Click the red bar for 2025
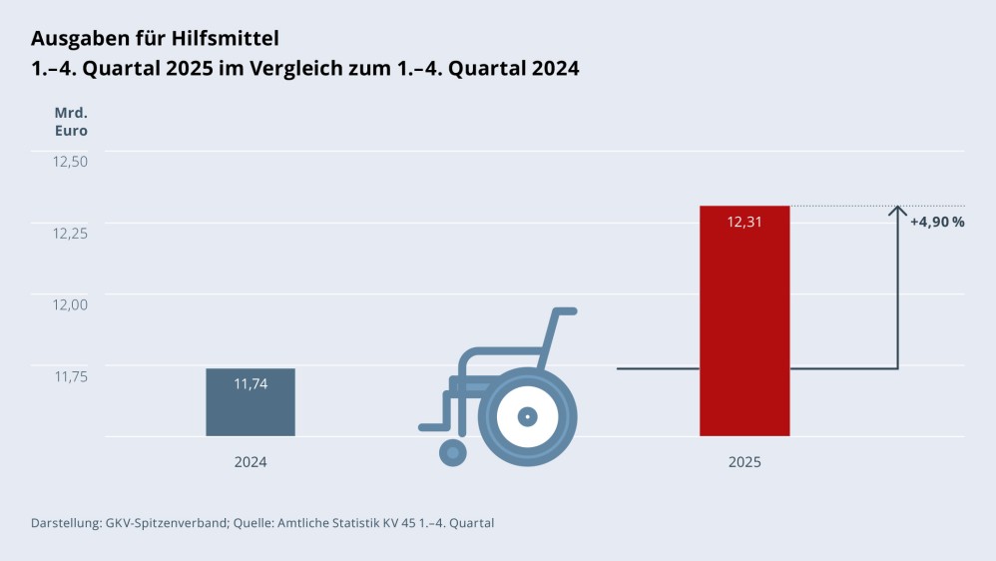pyautogui.click(x=745, y=329)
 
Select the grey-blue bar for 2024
pyautogui.click(x=250, y=409)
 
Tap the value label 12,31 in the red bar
pyautogui.click(x=745, y=222)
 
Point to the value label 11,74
pyautogui.click(x=250, y=383)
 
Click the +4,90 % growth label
pyautogui.click(x=936, y=222)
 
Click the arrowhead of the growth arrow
pyautogui.click(x=898, y=211)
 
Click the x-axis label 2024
pyautogui.click(x=250, y=462)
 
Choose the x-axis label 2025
pyautogui.click(x=745, y=462)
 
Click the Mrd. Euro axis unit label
pyautogui.click(x=71, y=121)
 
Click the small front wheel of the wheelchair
pyautogui.click(x=453, y=452)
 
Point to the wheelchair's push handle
pyautogui.click(x=564, y=311)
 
